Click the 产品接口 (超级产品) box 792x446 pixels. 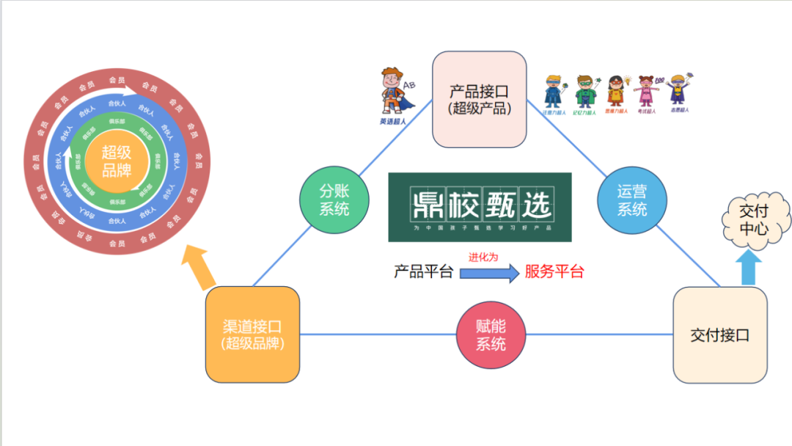pyautogui.click(x=480, y=99)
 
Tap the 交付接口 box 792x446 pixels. pyautogui.click(x=720, y=334)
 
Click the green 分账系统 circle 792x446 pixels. pyautogui.click(x=334, y=200)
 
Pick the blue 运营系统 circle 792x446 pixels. pyautogui.click(x=631, y=200)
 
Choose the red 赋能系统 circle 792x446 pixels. pyautogui.click(x=491, y=334)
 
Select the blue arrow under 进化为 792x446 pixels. pyautogui.click(x=489, y=273)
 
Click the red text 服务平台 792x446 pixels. pyautogui.click(x=554, y=272)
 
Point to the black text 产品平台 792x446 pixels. pyautogui.click(x=424, y=272)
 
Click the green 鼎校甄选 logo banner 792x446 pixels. pyautogui.click(x=480, y=207)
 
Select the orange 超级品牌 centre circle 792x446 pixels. pyautogui.click(x=116, y=161)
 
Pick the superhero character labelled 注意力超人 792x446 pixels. pyautogui.click(x=554, y=92)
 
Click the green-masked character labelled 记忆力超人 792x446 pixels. pyautogui.click(x=585, y=92)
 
